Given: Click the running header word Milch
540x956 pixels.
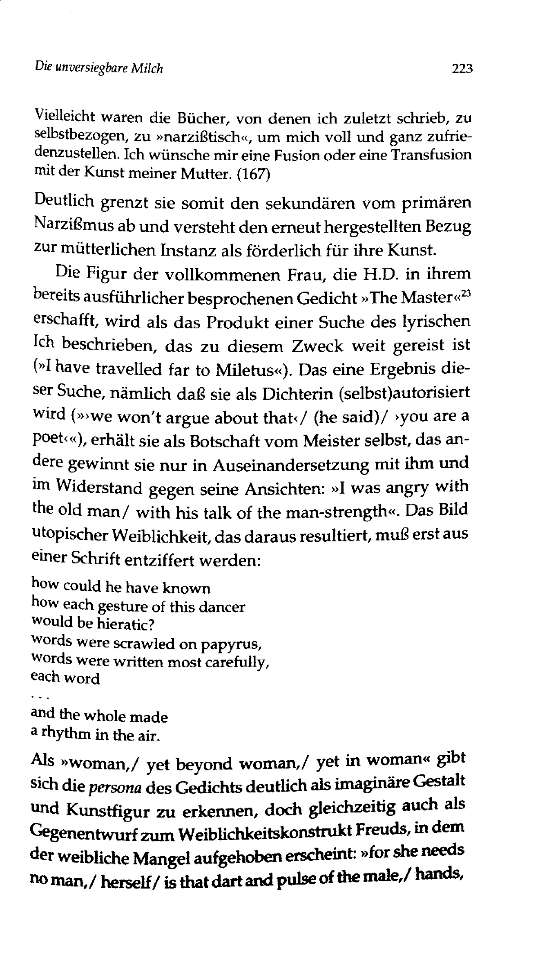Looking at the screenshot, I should click(x=147, y=68).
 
